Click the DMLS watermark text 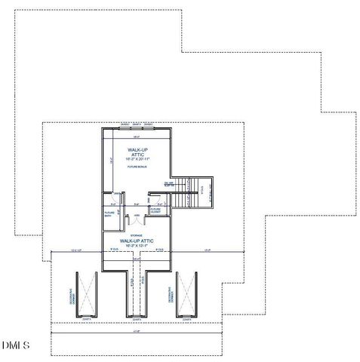click(x=15, y=345)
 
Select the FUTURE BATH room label click(x=109, y=213)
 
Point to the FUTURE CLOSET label click(x=155, y=211)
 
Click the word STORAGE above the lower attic click(x=137, y=235)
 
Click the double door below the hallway click(x=137, y=220)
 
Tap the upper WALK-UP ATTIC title click(x=137, y=152)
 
